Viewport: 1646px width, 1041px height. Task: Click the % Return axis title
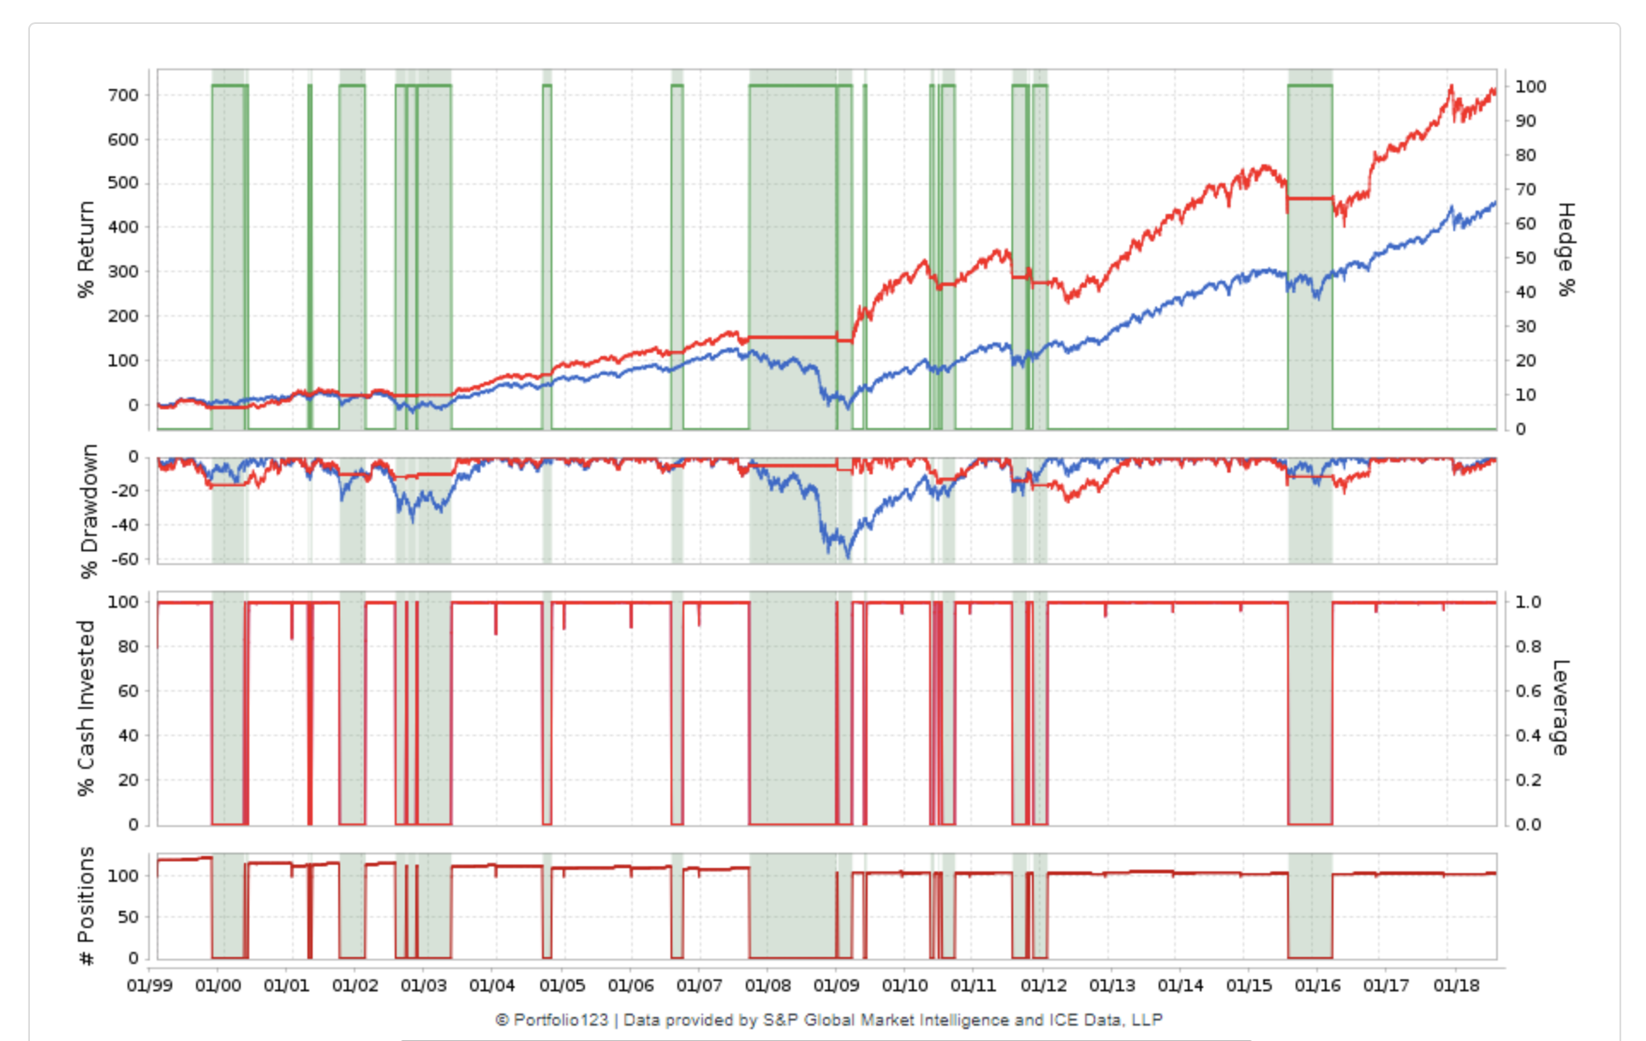86,249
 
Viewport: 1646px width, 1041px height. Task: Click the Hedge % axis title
1566,249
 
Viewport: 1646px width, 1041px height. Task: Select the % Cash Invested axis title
86,708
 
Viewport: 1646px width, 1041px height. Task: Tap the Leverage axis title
1560,708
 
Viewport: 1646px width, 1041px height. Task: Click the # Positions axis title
86,906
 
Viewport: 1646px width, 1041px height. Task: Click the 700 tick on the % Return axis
123,95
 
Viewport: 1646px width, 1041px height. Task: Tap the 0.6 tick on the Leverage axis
1528,691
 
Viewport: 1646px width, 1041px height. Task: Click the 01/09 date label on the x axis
836,985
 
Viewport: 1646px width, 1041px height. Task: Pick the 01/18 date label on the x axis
1456,985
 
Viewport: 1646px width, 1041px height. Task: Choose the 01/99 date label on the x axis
149,985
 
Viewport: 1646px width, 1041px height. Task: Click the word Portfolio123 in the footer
560,1020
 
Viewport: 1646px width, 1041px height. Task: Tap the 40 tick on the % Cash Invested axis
128,735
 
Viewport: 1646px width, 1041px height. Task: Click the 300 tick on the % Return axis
123,271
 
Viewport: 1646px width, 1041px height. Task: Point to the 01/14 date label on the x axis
1180,985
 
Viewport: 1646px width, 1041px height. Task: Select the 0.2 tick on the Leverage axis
1528,780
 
